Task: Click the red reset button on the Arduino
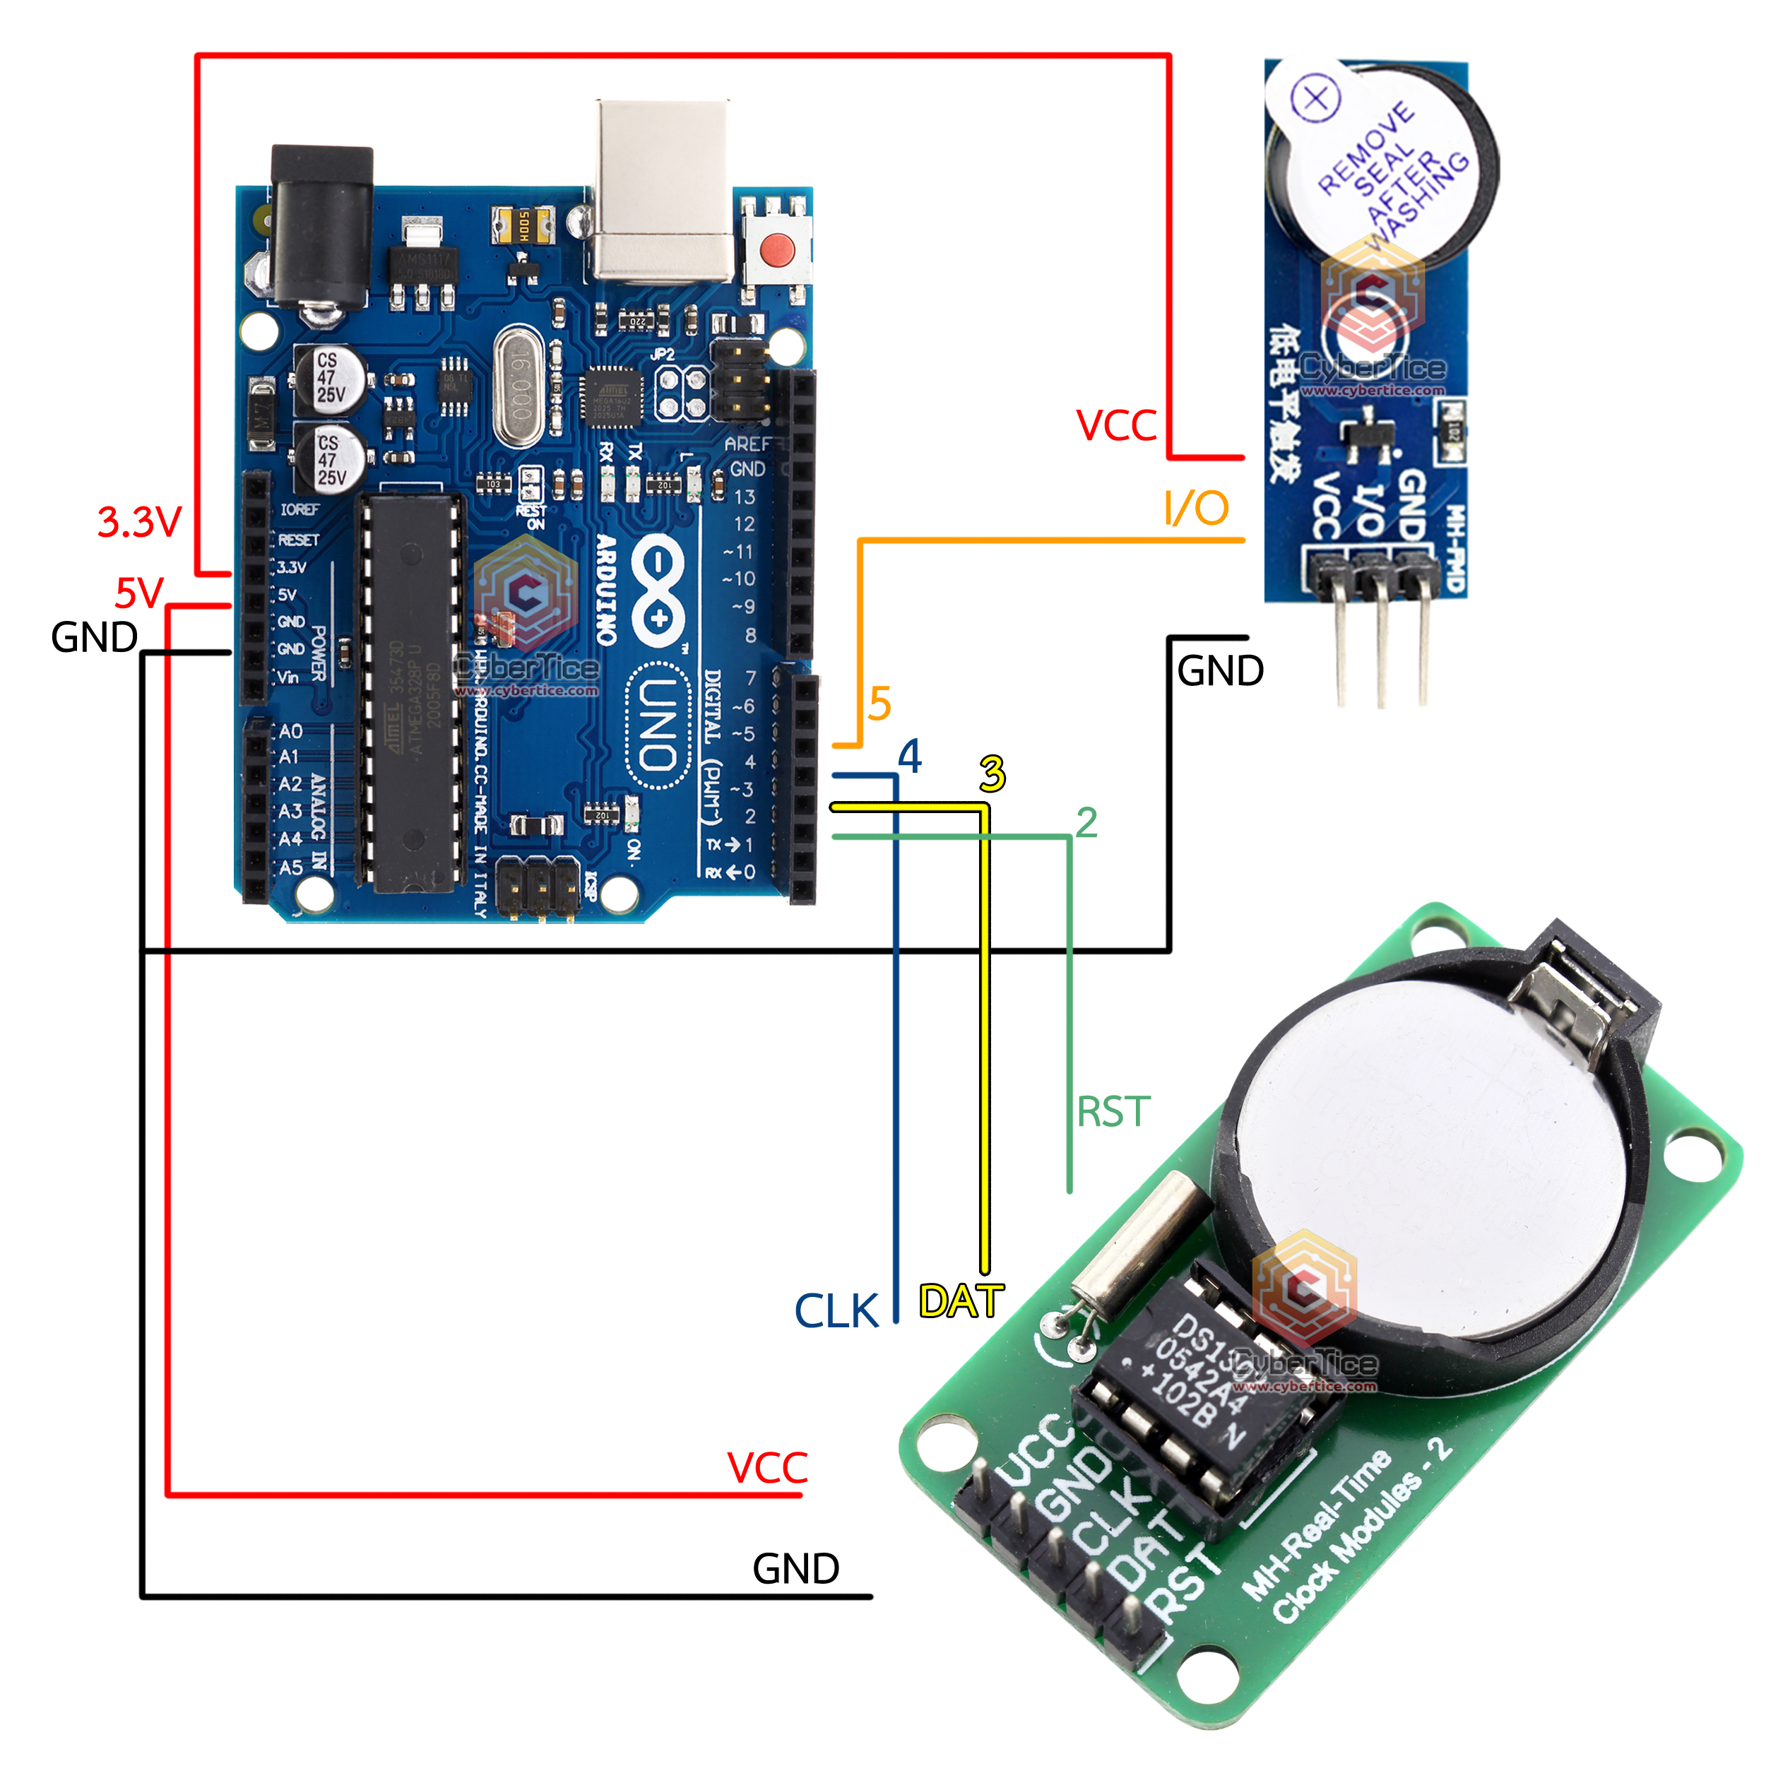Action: (x=777, y=249)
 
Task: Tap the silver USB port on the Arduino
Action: (x=663, y=192)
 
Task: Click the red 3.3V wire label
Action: (x=140, y=522)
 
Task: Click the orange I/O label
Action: (x=1196, y=508)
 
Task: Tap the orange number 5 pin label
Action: (x=879, y=704)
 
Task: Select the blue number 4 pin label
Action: (x=910, y=757)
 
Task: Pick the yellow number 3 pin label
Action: (x=992, y=774)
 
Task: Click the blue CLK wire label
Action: (x=836, y=1311)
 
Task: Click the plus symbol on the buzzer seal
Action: (x=1316, y=97)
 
